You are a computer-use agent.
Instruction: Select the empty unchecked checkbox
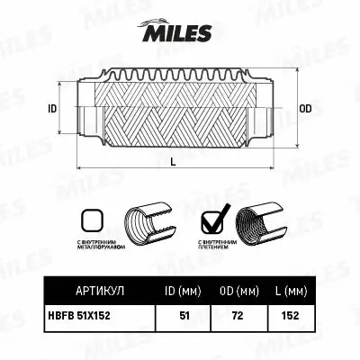click(x=92, y=220)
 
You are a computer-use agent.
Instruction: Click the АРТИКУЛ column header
click(x=98, y=292)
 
